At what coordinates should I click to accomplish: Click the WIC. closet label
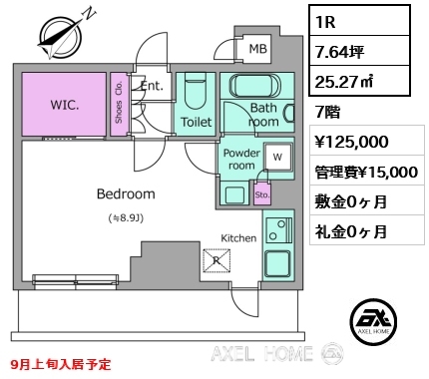(65, 105)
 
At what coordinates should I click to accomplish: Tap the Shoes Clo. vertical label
(119, 103)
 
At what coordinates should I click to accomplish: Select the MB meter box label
(258, 49)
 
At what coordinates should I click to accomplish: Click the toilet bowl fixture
(196, 91)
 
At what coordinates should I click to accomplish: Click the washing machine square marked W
(278, 157)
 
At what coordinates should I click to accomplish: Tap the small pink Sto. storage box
(262, 193)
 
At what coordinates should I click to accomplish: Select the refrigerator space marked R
(216, 260)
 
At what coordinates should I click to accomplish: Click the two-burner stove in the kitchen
(278, 230)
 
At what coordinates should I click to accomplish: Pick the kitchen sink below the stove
(277, 264)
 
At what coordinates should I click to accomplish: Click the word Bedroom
(126, 193)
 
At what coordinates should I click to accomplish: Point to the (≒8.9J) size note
(126, 218)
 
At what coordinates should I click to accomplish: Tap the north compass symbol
(61, 36)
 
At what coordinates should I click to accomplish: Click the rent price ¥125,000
(351, 142)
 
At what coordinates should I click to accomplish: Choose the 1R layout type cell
(359, 21)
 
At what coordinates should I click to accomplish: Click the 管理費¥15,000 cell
(367, 172)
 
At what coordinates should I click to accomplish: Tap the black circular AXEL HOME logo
(373, 321)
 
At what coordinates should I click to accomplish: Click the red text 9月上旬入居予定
(61, 364)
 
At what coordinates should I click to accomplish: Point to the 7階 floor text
(328, 112)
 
